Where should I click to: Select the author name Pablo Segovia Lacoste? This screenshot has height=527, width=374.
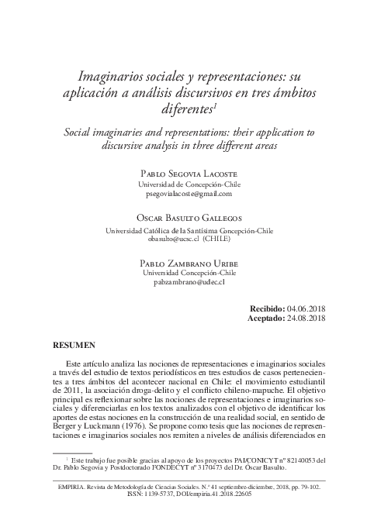coord(186,174)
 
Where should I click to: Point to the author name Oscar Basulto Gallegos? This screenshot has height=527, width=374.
coord(186,219)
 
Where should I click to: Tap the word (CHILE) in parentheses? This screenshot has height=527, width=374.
coord(219,239)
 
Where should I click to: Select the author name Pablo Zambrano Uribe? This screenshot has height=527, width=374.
coord(186,263)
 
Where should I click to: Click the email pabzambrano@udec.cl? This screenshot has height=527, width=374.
coord(186,283)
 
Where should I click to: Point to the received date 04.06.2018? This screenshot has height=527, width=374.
coord(306,308)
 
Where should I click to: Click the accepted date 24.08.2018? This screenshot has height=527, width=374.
coord(306,318)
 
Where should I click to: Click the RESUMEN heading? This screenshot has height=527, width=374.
coord(73,343)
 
